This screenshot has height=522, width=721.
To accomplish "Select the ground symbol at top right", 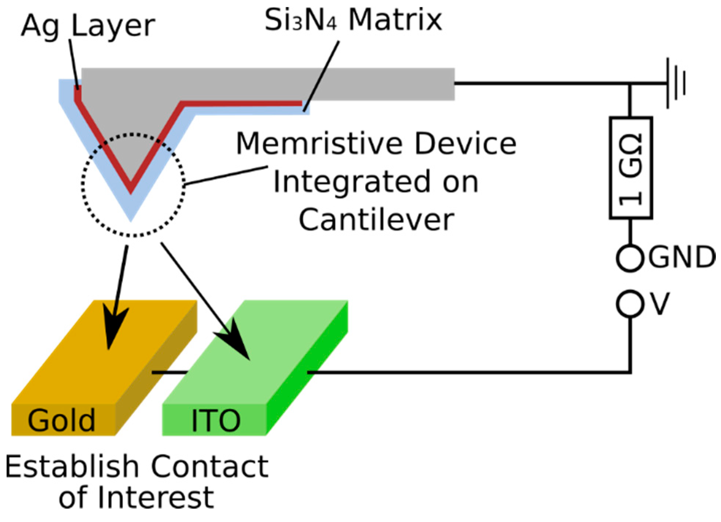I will [676, 84].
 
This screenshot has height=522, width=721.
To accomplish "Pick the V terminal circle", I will [630, 304].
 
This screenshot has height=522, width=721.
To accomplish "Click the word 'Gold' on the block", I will [61, 420].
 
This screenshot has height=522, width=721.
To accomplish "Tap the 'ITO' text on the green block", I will [216, 420].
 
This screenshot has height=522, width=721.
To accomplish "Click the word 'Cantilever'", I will [376, 220].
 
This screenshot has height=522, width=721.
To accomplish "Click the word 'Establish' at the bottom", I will [72, 467].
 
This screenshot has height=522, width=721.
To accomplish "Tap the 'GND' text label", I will [681, 257].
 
